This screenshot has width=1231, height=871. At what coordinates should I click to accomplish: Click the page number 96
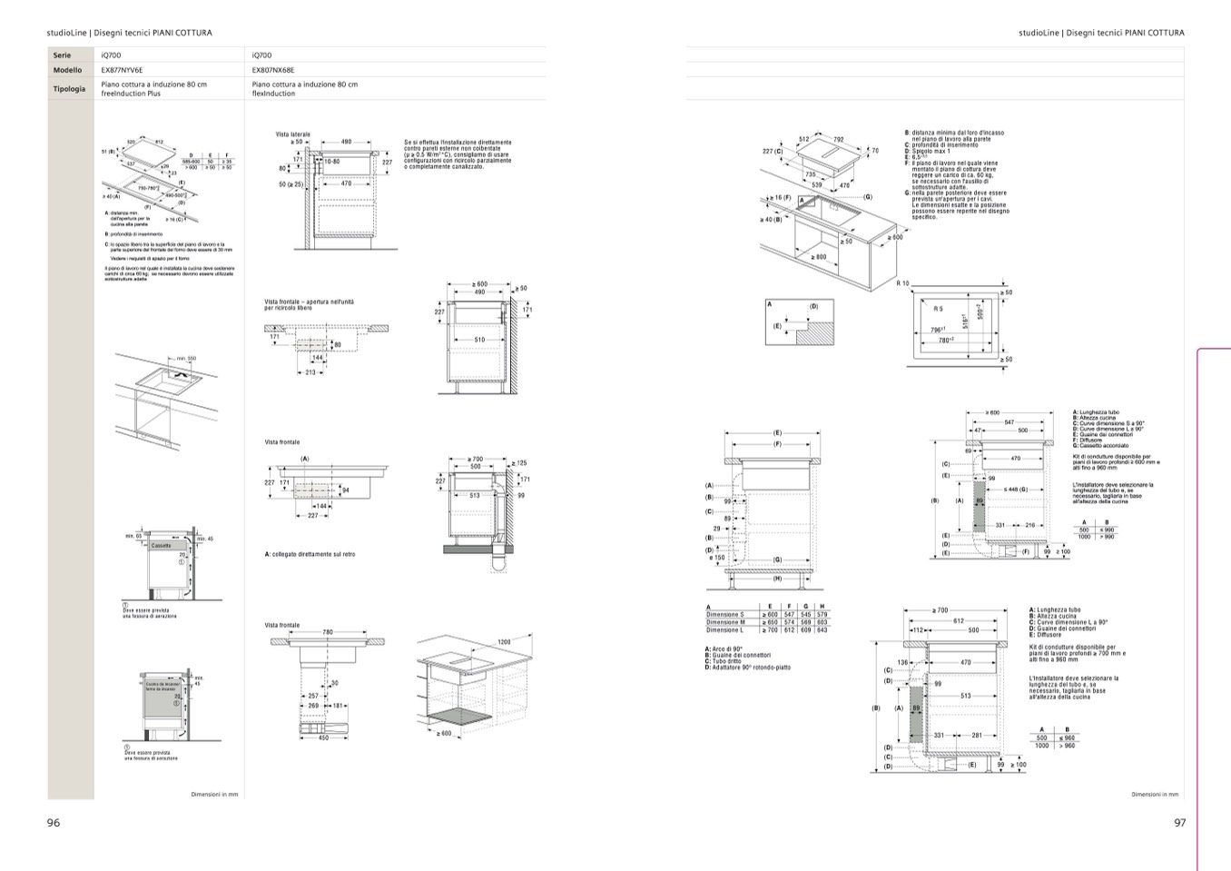(x=54, y=823)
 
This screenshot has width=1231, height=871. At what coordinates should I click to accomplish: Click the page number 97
(x=1179, y=823)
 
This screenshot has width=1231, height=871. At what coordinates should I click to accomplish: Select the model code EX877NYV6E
(x=122, y=70)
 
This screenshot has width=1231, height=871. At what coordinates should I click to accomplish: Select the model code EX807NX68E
(x=273, y=70)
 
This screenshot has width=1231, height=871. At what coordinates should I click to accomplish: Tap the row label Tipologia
(x=70, y=89)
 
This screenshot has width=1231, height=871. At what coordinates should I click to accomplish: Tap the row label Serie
(x=62, y=55)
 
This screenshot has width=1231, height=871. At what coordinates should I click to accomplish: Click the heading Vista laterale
(x=292, y=134)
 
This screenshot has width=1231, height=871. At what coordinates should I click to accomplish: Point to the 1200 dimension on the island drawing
(x=504, y=642)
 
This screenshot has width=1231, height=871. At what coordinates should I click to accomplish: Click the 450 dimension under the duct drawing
(x=322, y=737)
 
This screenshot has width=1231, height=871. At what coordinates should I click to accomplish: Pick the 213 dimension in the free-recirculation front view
(x=310, y=372)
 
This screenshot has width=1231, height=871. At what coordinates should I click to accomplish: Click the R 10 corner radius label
(x=902, y=284)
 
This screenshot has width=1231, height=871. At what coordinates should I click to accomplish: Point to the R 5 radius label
(x=938, y=309)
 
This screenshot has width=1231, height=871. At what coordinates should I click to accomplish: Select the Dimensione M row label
(x=725, y=622)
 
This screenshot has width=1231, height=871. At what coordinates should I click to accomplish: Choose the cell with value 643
(x=822, y=630)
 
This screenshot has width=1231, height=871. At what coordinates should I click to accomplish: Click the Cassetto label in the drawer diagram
(x=161, y=546)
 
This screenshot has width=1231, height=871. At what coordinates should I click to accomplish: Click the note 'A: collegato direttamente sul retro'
(x=310, y=554)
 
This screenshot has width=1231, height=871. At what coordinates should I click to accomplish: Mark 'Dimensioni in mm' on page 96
(x=214, y=795)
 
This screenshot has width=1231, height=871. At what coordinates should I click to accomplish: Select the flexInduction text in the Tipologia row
(x=273, y=94)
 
